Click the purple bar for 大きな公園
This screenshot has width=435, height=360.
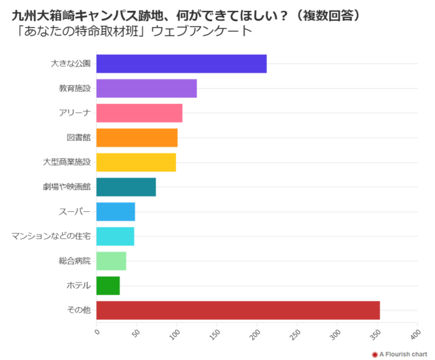181,64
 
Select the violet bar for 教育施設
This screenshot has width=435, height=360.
146,88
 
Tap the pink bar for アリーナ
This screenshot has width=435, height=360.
139,113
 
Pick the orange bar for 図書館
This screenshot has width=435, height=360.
137,138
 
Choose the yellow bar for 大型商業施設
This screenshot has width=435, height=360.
136,162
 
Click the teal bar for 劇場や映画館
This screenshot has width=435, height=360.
126,187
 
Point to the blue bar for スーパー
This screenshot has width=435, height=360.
116,211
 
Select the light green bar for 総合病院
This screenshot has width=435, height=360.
111,261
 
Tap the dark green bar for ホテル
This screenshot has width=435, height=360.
108,285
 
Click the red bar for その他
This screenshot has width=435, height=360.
238,310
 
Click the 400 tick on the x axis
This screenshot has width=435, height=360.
414,334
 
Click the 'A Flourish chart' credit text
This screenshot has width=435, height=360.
402,354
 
